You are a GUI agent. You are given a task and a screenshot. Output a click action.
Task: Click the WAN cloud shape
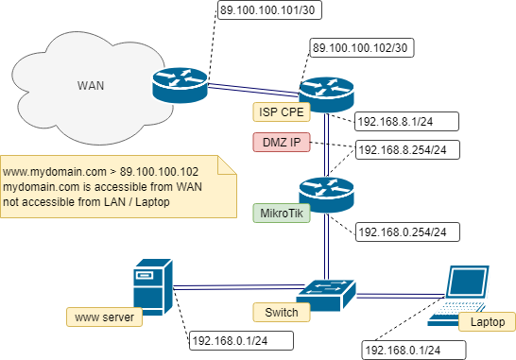85,83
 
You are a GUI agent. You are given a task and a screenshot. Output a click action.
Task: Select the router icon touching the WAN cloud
178,86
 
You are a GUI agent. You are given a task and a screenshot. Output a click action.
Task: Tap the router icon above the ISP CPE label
325,94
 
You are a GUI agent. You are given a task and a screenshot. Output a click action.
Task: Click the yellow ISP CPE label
283,112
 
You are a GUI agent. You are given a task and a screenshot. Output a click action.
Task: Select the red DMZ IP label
281,143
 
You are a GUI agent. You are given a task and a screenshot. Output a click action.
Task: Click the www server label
103,317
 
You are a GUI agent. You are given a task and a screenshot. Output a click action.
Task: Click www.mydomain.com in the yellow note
49,172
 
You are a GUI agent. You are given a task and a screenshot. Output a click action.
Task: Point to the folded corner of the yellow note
226,165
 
